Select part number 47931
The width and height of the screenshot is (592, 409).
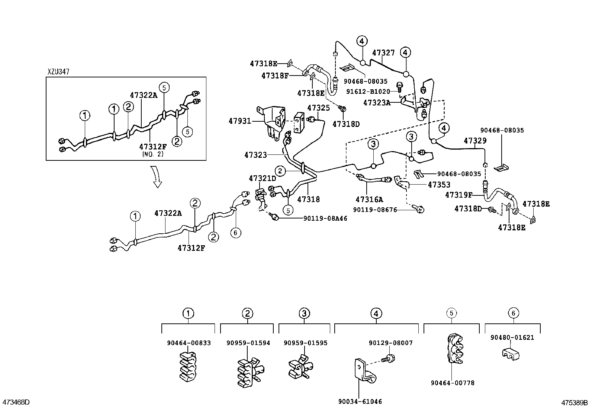click(x=239, y=121)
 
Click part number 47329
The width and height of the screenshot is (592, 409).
click(x=475, y=141)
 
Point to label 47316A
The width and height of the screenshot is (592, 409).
click(x=369, y=199)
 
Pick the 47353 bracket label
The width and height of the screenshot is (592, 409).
click(x=439, y=185)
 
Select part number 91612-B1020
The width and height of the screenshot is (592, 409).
click(x=368, y=92)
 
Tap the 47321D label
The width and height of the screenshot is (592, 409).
click(x=263, y=178)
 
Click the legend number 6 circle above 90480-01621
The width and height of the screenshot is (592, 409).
click(x=513, y=313)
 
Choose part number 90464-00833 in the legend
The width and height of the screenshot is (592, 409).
click(x=189, y=343)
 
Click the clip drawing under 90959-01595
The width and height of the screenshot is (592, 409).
click(x=299, y=367)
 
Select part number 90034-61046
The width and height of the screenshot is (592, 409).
click(x=360, y=402)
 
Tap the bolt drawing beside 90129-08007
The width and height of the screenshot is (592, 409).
click(x=390, y=359)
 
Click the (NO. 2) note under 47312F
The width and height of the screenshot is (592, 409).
click(x=152, y=153)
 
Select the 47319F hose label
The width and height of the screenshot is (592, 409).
click(x=459, y=195)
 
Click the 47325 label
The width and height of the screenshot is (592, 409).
click(x=318, y=108)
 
